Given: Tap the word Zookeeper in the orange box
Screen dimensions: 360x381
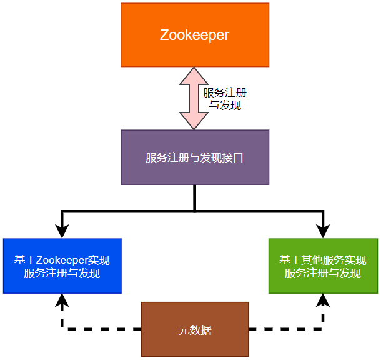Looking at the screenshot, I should point(194,35).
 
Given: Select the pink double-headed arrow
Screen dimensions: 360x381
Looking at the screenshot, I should point(194,98).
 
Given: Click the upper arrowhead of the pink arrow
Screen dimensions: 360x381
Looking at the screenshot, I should point(194,76).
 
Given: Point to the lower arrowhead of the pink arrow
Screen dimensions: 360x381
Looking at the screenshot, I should point(194,120).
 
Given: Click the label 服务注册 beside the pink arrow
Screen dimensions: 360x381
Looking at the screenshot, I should point(225,92).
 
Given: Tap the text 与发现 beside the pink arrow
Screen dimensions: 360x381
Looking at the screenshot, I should point(225,106).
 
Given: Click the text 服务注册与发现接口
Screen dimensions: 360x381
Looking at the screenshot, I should point(194,157).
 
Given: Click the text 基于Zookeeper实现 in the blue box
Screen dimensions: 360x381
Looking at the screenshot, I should point(62,260).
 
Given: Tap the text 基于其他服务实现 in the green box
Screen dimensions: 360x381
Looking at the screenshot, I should point(323,260).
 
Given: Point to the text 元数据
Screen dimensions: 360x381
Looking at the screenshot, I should point(195,330).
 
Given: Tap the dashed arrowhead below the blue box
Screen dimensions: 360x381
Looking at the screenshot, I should point(61,301).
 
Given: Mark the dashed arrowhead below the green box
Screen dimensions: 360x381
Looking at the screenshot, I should point(323,301).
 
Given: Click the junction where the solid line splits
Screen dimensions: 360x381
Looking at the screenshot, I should point(195,211).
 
